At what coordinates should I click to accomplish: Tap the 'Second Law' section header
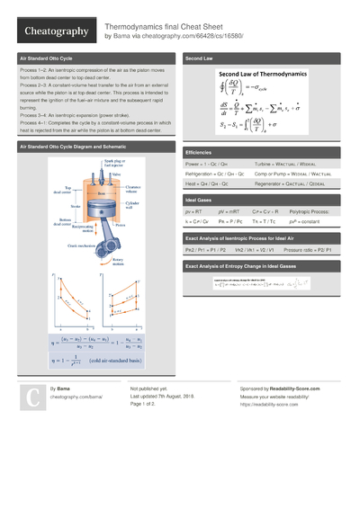(200, 58)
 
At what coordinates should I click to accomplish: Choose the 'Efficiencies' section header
(200, 154)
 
